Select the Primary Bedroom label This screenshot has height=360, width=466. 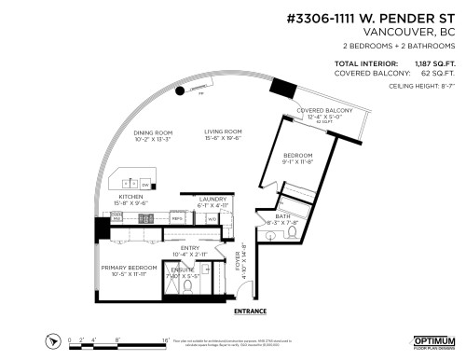point(126,267)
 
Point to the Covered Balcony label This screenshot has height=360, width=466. point(323,110)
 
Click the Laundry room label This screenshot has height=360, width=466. point(212,198)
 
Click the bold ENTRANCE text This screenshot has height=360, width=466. point(251,311)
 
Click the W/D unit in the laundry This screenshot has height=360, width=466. point(212,218)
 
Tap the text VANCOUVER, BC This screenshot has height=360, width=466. point(417,32)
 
